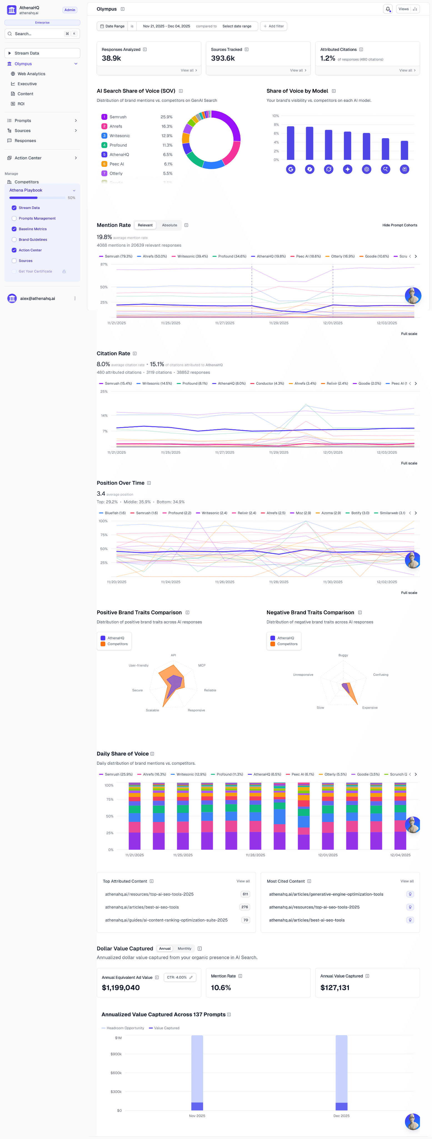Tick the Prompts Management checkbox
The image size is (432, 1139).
tap(14, 218)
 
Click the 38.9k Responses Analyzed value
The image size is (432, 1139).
tap(111, 58)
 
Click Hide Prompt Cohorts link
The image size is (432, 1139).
tap(399, 225)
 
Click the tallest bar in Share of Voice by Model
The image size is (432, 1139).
tap(290, 143)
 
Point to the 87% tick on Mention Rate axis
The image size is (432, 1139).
tap(104, 264)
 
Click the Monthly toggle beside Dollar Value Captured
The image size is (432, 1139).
tap(184, 949)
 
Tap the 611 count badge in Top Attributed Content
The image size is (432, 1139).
tap(245, 894)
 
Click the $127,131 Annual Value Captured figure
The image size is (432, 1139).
tap(334, 988)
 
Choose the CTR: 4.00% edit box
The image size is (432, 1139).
tap(179, 977)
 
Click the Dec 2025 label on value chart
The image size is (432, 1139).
tap(341, 1116)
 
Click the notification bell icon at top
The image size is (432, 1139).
tap(388, 9)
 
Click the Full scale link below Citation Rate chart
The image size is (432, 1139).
tap(409, 463)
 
